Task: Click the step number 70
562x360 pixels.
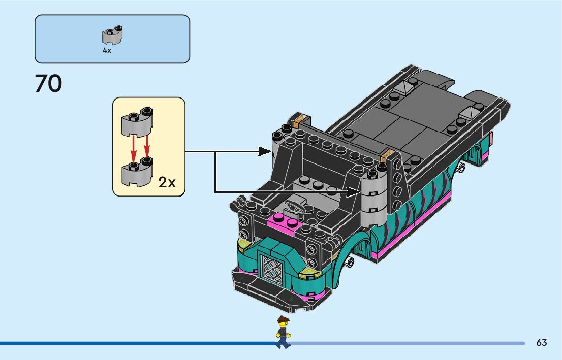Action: pyautogui.click(x=48, y=84)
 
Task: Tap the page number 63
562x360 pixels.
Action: pyautogui.click(x=541, y=343)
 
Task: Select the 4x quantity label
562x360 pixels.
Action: pyautogui.click(x=107, y=51)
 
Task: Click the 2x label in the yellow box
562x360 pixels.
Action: pyautogui.click(x=167, y=182)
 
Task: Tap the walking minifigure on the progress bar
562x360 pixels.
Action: pyautogui.click(x=283, y=333)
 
